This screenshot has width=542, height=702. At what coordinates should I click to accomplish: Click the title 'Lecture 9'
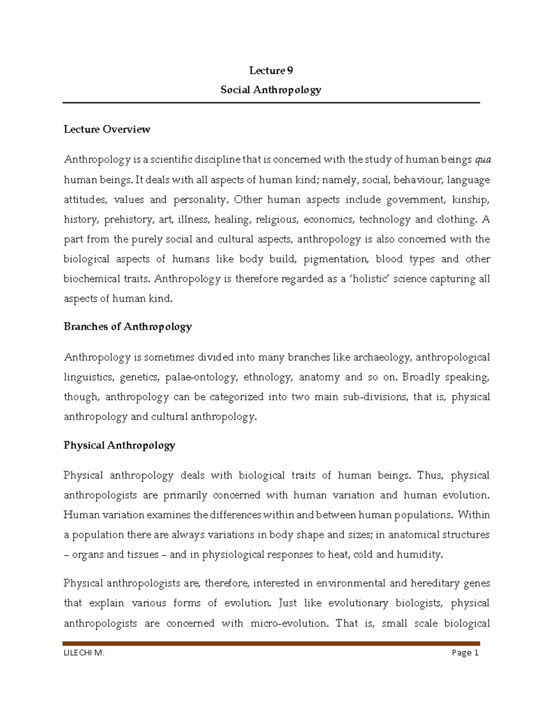[271, 71]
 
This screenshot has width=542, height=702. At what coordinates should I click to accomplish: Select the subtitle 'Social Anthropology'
[271, 90]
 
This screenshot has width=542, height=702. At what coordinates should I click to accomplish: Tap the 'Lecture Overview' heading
[107, 129]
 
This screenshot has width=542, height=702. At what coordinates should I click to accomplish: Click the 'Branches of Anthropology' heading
[128, 326]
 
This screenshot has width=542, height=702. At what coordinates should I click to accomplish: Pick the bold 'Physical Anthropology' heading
[119, 445]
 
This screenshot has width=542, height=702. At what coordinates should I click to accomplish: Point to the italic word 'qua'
[483, 160]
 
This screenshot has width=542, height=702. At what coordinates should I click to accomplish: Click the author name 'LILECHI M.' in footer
[84, 652]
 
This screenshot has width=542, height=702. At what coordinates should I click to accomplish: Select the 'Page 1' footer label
[465, 652]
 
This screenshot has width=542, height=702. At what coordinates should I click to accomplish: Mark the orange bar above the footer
[271, 643]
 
